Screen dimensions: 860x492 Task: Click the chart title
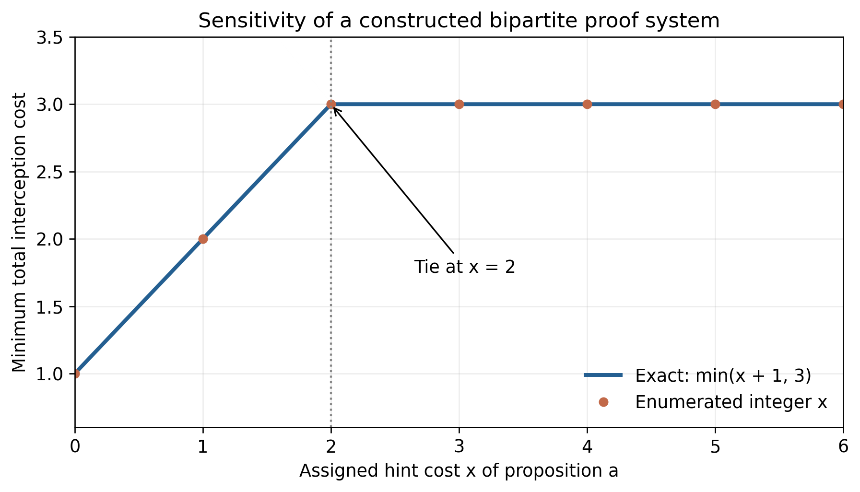coord(459,21)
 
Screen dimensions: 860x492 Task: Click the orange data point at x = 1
coord(203,239)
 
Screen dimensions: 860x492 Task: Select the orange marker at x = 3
coord(459,104)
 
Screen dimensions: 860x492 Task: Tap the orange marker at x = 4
coord(587,104)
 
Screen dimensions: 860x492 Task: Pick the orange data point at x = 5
coord(715,104)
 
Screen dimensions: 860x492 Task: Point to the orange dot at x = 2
coord(331,104)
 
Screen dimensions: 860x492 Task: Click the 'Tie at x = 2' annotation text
coord(465,267)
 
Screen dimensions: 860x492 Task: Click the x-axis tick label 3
coord(459,447)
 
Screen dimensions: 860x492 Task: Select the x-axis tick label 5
coord(715,447)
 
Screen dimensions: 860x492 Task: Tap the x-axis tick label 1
coord(203,447)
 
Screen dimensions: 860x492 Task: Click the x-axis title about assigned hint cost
coord(459,471)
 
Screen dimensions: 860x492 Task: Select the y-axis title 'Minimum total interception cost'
coord(19,232)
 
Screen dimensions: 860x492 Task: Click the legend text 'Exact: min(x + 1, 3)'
coord(723,375)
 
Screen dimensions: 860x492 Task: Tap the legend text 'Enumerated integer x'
coord(731,402)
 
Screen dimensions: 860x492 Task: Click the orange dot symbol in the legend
coord(603,402)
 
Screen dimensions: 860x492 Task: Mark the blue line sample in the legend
coord(603,375)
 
